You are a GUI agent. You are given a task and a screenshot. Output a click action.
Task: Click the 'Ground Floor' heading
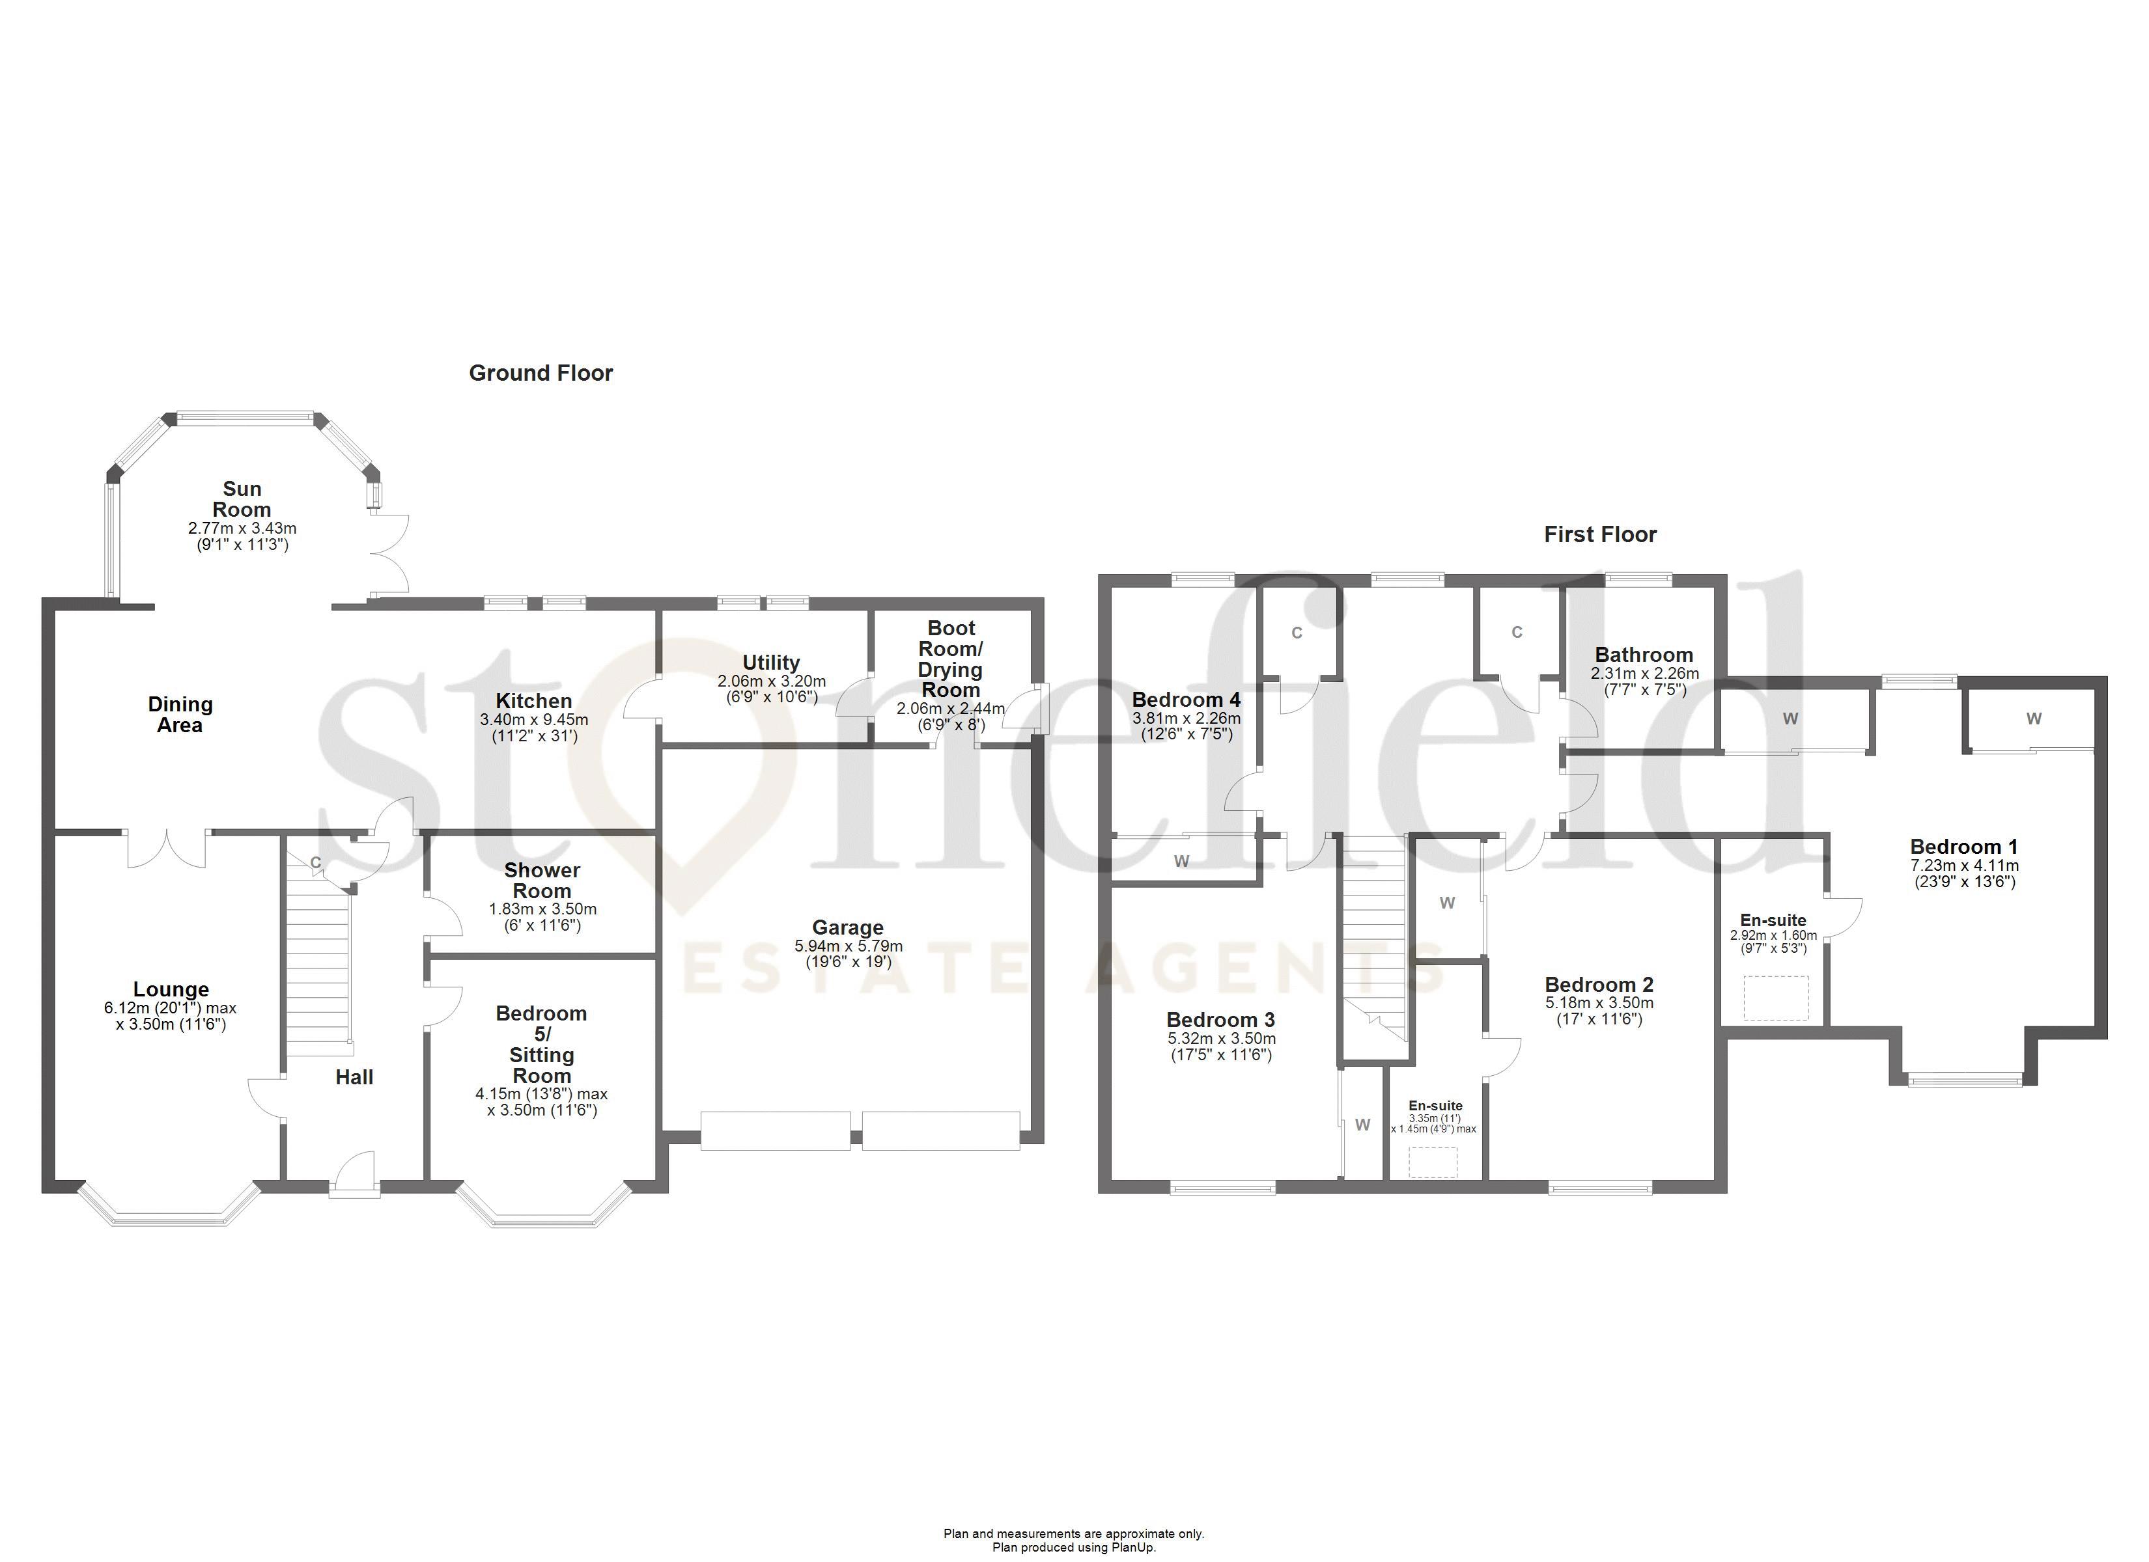541,373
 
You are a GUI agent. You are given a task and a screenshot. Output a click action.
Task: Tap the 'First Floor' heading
1601,534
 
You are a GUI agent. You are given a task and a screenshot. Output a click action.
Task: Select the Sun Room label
242,499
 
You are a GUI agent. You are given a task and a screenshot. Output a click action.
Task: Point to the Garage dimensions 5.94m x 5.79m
848,946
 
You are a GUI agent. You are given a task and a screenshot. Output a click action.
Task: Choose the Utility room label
771,662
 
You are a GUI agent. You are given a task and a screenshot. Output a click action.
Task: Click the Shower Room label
542,880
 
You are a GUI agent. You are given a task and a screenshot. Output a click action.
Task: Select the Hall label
354,1077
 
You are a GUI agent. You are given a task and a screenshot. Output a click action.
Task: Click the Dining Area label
180,714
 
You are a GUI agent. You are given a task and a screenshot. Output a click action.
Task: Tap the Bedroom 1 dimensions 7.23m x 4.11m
1964,865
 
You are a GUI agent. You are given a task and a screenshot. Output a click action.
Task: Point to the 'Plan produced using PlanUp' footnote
1074,1548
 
